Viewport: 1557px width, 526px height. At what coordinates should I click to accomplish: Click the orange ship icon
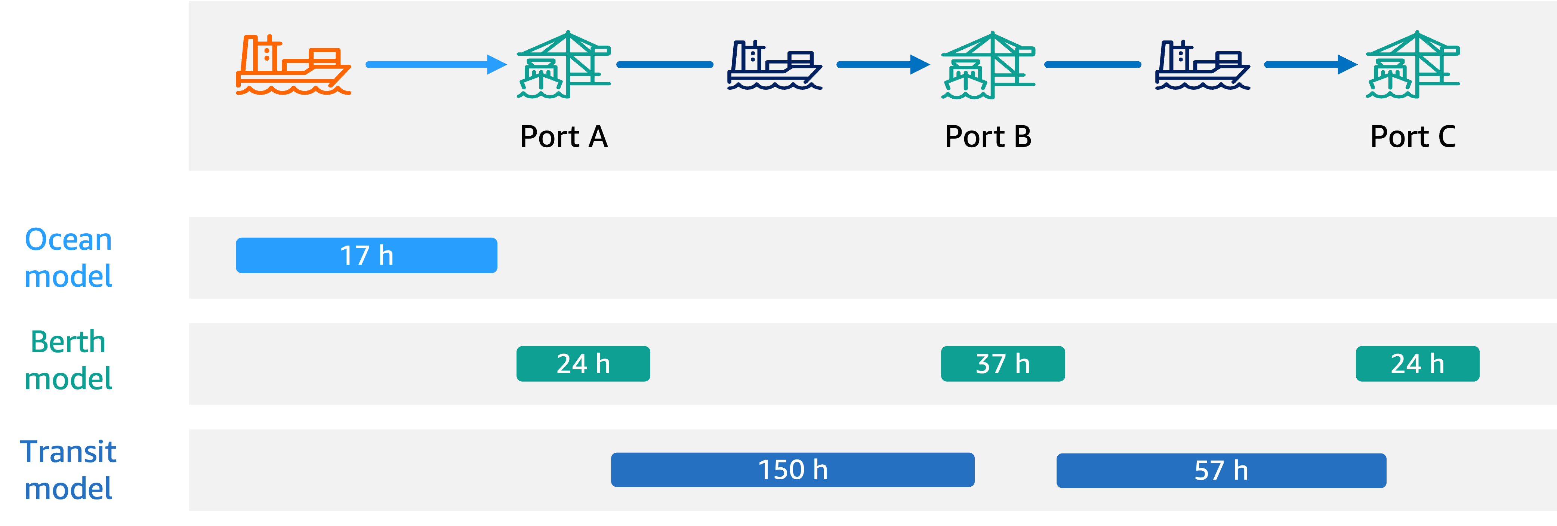click(x=293, y=65)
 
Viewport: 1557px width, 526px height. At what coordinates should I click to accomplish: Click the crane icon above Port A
click(x=563, y=65)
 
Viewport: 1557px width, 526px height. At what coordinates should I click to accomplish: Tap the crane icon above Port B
click(x=988, y=65)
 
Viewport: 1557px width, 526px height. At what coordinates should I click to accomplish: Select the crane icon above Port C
click(x=1412, y=65)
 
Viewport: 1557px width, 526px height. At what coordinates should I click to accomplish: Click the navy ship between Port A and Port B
click(x=774, y=65)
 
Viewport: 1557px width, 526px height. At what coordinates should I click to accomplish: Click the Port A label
click(x=563, y=136)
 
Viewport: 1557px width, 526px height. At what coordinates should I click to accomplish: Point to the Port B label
click(x=988, y=136)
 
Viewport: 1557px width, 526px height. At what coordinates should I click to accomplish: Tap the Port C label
click(x=1412, y=136)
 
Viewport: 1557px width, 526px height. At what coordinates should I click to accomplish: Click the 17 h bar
click(x=366, y=255)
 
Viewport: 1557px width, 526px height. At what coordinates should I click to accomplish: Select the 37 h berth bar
click(x=1003, y=363)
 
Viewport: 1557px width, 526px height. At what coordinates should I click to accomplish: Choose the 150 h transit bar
click(x=792, y=470)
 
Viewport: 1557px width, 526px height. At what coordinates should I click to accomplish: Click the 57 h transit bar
click(x=1221, y=470)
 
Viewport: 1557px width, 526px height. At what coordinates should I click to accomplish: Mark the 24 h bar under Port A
click(x=583, y=363)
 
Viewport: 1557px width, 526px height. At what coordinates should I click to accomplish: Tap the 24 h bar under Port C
click(x=1417, y=363)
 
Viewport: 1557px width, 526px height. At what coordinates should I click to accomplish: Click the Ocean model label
click(x=68, y=258)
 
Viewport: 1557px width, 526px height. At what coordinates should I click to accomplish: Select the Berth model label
click(x=68, y=360)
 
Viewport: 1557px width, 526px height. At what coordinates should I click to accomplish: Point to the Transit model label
click(x=68, y=470)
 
